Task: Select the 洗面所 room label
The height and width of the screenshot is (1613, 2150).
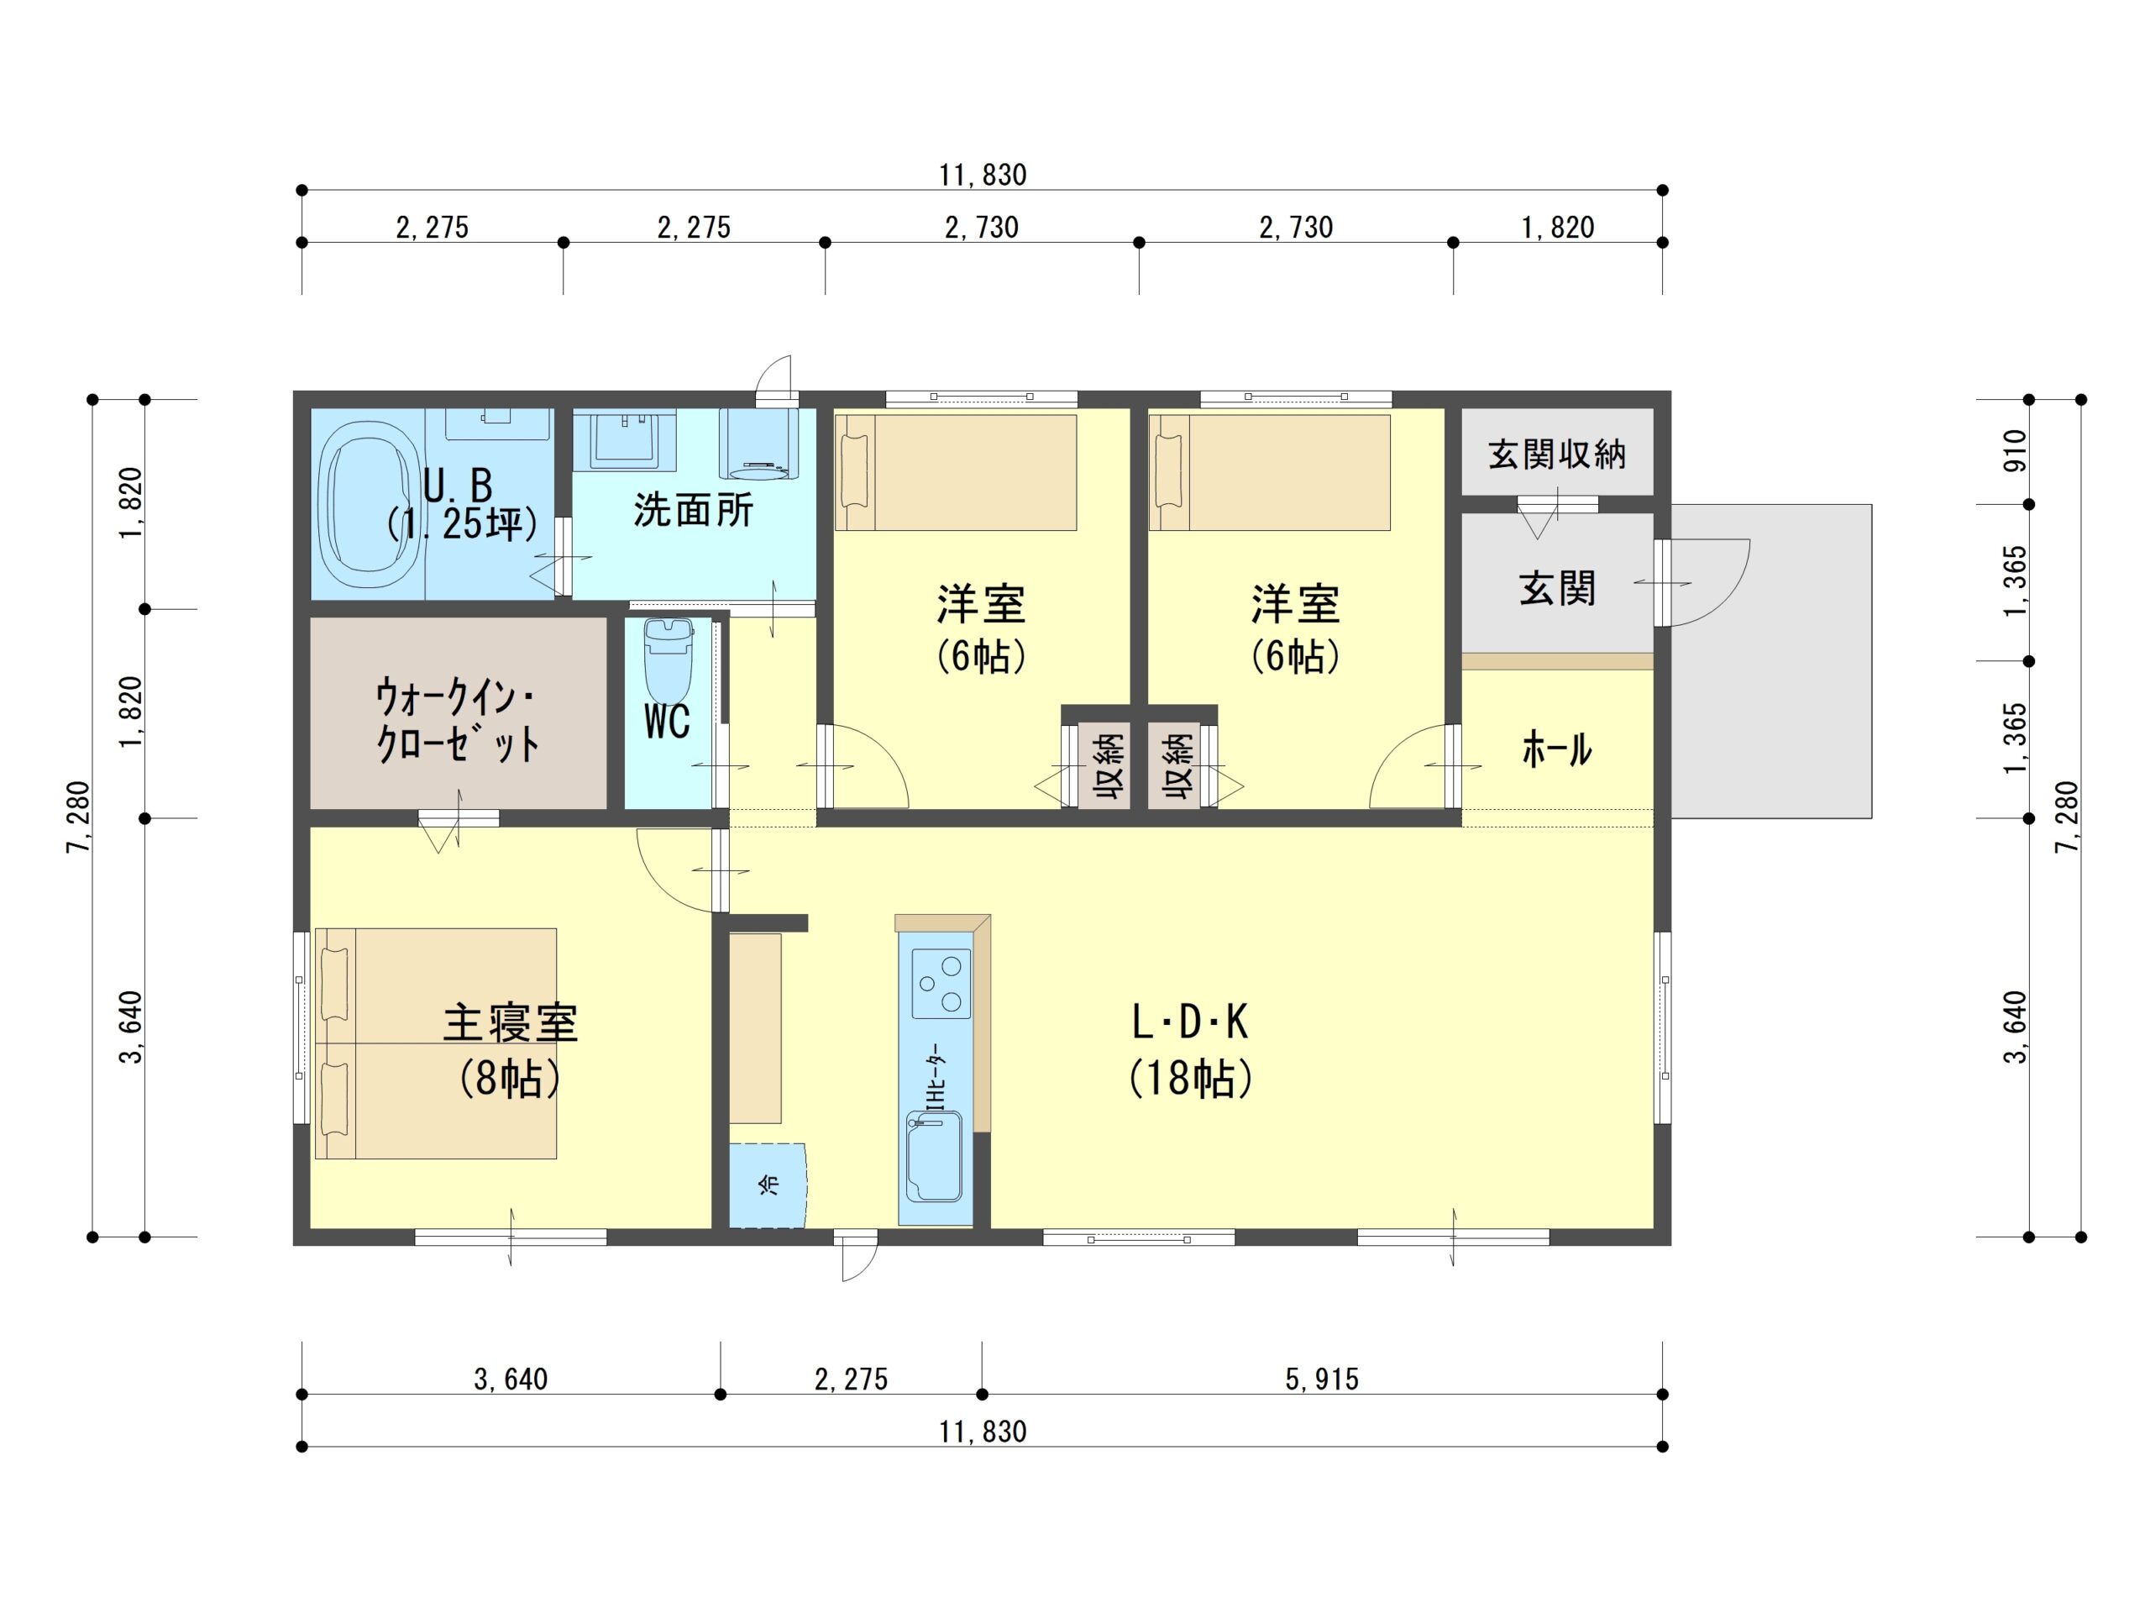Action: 693,511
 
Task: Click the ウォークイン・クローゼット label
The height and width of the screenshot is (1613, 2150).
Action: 457,722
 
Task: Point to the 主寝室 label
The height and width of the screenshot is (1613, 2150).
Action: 511,1023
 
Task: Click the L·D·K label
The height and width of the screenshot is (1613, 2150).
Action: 1190,1022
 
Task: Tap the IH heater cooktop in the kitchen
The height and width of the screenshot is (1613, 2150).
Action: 941,983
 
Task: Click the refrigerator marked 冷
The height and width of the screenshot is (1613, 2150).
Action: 768,1185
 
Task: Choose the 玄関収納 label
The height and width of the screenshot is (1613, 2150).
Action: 1557,454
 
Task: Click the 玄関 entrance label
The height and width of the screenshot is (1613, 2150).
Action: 1557,588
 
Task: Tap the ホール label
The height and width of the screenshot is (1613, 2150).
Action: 1557,749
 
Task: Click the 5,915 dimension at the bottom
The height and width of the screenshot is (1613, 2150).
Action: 1322,1379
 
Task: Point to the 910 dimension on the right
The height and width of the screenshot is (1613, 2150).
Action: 2015,451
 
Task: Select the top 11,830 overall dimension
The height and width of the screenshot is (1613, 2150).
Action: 983,175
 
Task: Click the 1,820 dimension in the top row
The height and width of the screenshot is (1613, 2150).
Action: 1557,228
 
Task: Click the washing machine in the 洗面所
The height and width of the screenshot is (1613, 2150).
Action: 758,444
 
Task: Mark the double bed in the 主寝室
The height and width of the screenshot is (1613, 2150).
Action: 435,1043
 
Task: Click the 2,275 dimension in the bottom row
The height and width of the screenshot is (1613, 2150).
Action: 852,1379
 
